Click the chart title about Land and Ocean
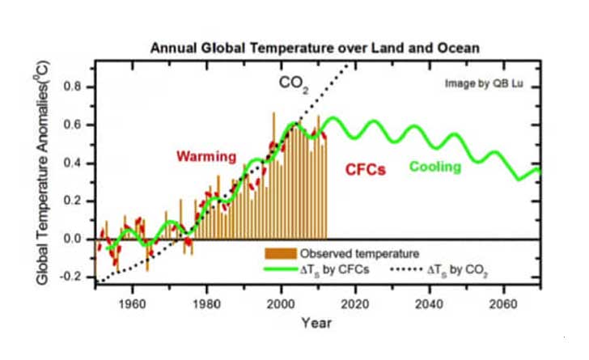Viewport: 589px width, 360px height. coord(316,49)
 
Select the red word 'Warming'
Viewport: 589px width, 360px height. coord(206,155)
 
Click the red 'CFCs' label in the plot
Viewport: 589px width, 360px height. coord(366,170)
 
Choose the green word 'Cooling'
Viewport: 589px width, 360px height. coord(434,167)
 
